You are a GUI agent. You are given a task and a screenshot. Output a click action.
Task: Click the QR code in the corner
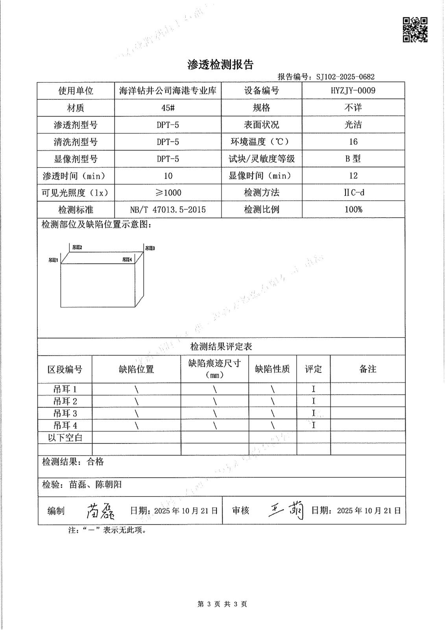(415, 30)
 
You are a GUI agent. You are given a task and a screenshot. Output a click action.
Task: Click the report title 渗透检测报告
(221, 65)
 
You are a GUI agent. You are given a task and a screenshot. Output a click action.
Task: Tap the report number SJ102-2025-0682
(345, 77)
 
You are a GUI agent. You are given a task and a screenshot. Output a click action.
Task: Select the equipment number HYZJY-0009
(353, 91)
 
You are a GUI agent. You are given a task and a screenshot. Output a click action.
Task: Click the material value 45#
(168, 108)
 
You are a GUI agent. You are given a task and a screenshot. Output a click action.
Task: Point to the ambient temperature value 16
(353, 142)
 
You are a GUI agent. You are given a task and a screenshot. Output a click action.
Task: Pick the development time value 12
(353, 176)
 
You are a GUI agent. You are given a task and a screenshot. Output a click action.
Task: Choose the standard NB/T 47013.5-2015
(168, 209)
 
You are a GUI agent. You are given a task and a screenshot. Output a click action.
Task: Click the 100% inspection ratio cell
(353, 209)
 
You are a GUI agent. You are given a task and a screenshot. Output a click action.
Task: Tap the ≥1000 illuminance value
(168, 193)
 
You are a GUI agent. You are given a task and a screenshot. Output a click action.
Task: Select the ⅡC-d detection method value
(353, 193)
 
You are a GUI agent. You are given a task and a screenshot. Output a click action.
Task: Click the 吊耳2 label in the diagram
(77, 247)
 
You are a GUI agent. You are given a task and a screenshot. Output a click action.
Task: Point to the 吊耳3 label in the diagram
(150, 248)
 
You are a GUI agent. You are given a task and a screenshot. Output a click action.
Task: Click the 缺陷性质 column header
(272, 369)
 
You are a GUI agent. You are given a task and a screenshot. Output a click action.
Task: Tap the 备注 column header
(367, 369)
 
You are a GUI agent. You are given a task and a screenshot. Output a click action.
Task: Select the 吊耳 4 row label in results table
(65, 426)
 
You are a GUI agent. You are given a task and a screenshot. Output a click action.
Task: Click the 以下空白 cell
(65, 437)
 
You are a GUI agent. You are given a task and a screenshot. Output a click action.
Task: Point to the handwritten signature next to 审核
(286, 511)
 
